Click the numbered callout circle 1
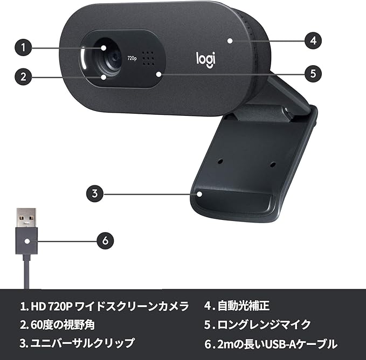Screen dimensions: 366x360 pyautogui.click(x=22, y=47)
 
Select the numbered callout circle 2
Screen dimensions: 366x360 pyautogui.click(x=22, y=77)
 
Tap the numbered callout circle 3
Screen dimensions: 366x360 pyautogui.click(x=94, y=193)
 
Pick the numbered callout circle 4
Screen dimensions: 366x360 pyautogui.click(x=313, y=40)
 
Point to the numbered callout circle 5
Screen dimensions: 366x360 pyautogui.click(x=313, y=74)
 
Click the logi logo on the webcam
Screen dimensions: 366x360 pyautogui.click(x=205, y=58)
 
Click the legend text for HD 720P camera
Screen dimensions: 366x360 pyautogui.click(x=105, y=307)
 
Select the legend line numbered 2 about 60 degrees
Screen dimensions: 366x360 pyautogui.click(x=59, y=324)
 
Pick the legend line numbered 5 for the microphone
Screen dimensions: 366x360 pyautogui.click(x=257, y=324)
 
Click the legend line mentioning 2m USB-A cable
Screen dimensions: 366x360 pyautogui.click(x=270, y=343)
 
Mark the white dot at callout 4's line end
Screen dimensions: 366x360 pyautogui.click(x=230, y=40)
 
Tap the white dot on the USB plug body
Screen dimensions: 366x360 pyautogui.click(x=26, y=240)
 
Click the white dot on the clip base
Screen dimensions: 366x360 pyautogui.click(x=199, y=193)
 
